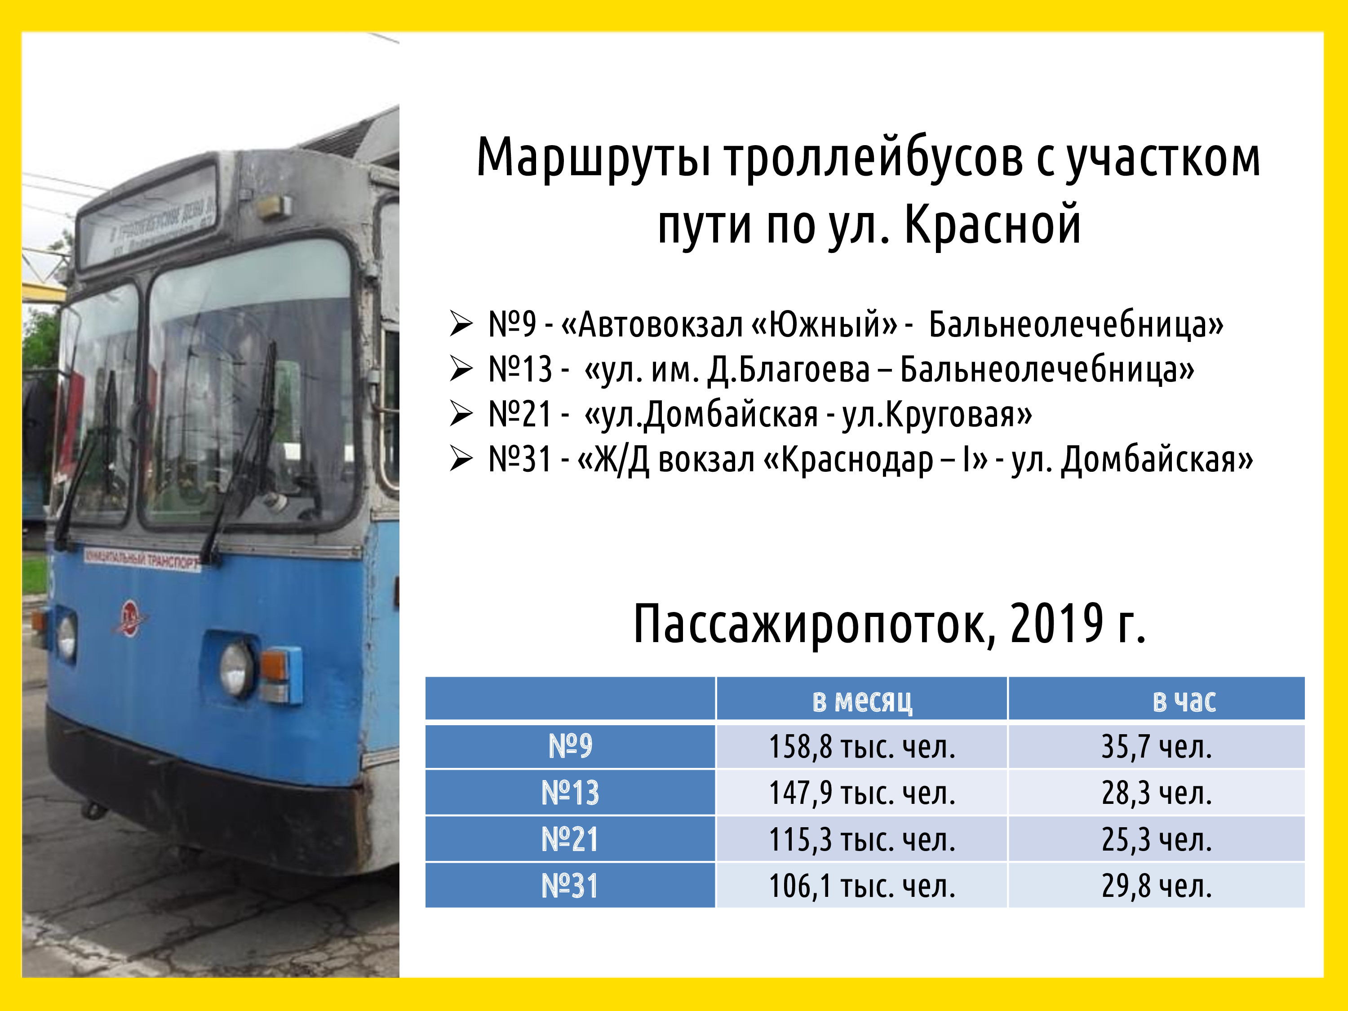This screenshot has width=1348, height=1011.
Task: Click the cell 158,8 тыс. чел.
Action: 862,746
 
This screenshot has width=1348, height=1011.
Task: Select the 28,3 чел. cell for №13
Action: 1156,793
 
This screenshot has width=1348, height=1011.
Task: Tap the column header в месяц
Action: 862,700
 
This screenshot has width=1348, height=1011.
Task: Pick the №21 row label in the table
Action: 570,839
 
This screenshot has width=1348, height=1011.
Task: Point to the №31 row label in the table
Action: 570,886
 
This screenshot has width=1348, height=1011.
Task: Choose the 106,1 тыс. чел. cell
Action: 862,886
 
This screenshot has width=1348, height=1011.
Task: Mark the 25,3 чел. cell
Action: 1156,839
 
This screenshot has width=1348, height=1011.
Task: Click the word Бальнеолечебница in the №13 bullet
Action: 1046,369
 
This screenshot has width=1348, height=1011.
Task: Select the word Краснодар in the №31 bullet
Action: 857,460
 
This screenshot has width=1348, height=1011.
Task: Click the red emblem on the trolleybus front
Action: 129,617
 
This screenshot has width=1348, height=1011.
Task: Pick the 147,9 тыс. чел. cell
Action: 862,793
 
